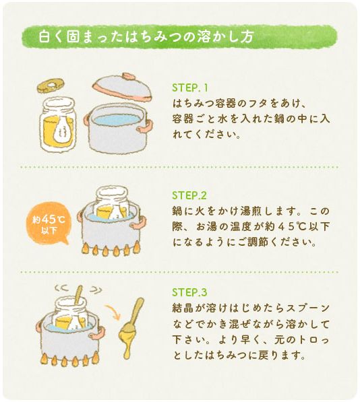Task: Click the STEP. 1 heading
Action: pyautogui.click(x=189, y=88)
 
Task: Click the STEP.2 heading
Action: pyautogui.click(x=189, y=195)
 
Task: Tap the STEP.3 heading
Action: pyautogui.click(x=189, y=292)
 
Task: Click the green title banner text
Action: pyautogui.click(x=146, y=36)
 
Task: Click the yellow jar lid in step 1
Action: pyautogui.click(x=50, y=86)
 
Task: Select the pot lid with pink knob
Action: pyautogui.click(x=122, y=87)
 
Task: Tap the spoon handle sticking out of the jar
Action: pyautogui.click(x=78, y=295)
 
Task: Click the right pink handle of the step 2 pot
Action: pyautogui.click(x=139, y=222)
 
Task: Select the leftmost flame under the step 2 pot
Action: pyautogui.click(x=85, y=248)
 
